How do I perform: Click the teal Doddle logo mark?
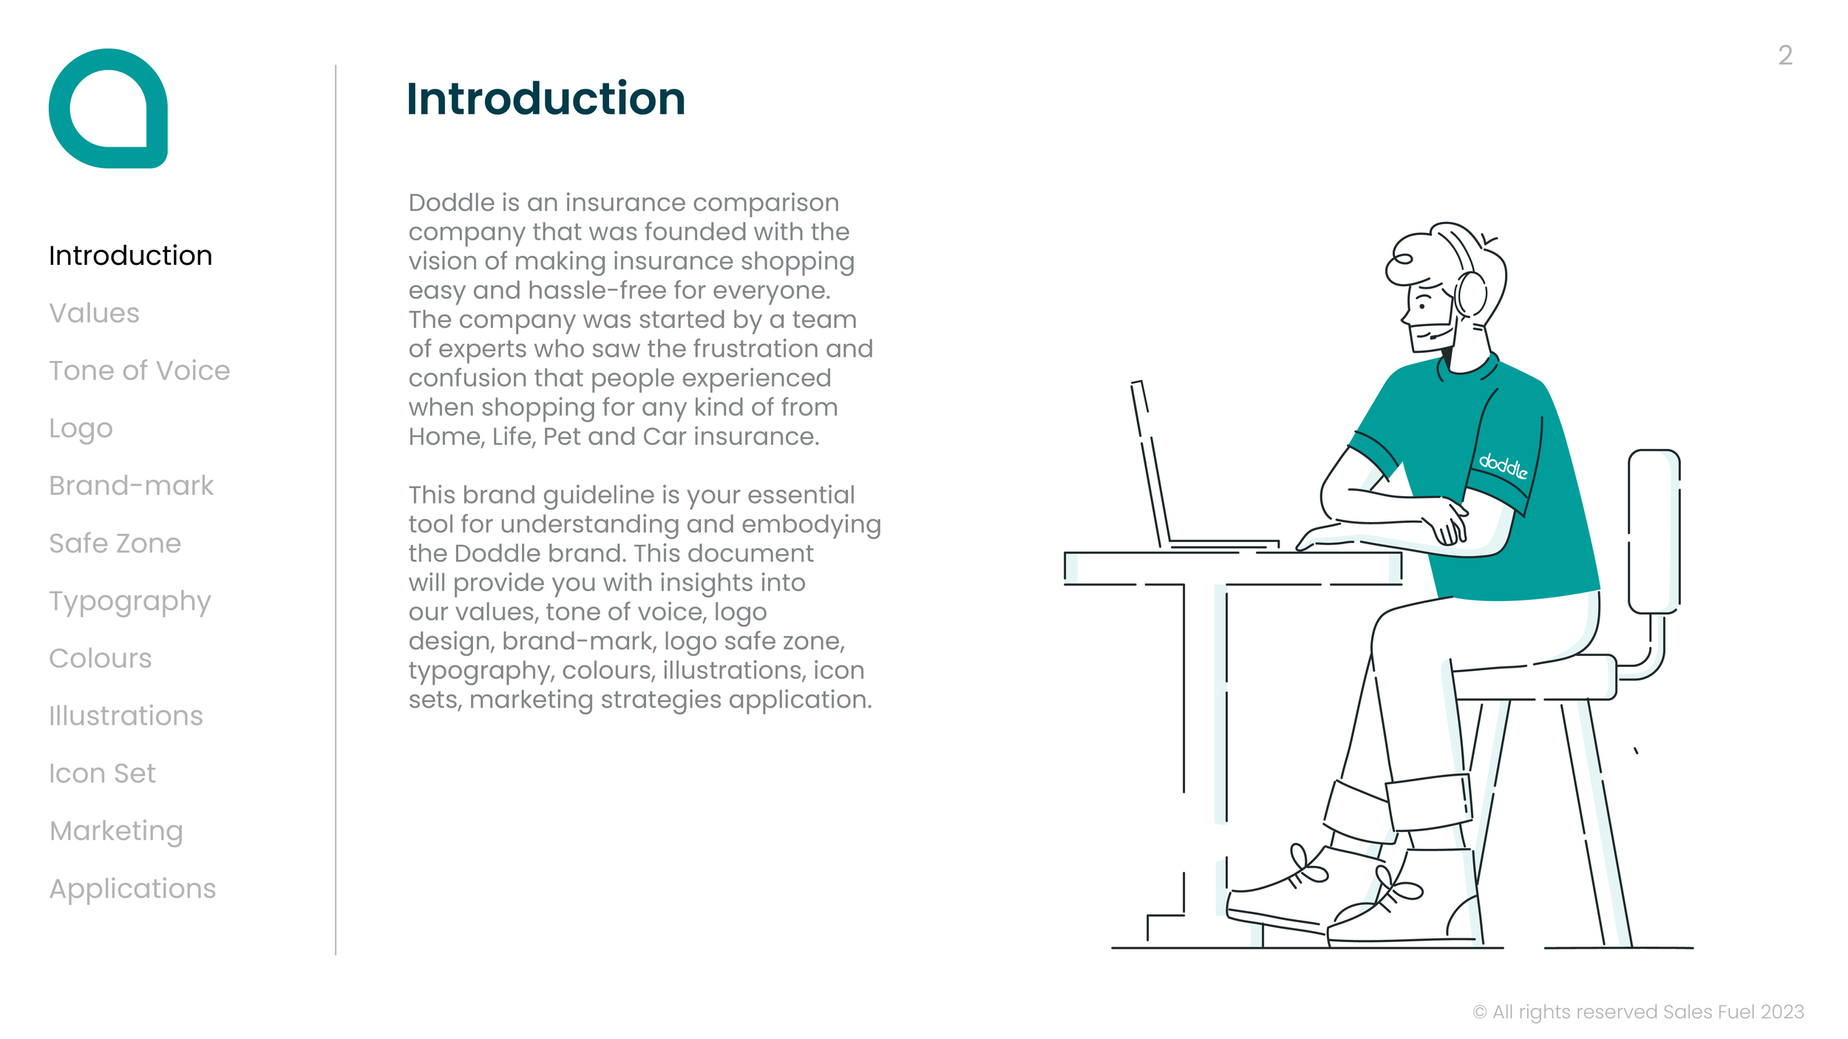coord(108,108)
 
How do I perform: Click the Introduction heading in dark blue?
coord(546,99)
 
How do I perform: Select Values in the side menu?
coord(94,313)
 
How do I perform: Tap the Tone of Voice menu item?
coord(139,370)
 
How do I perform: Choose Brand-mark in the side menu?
coord(131,486)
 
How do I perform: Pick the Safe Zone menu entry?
coord(115,544)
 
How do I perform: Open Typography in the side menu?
coord(129,602)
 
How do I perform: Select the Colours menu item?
coord(100,658)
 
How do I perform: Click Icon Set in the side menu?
coord(102,774)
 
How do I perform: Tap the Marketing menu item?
coord(116,831)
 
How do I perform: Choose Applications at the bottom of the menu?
coord(132,889)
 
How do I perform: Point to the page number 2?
coord(1784,55)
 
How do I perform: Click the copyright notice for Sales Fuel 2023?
coord(1637,1012)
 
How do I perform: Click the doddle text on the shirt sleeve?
coord(1502,465)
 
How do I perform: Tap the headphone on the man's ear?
coord(1472,294)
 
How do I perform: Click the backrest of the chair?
coord(1654,531)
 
